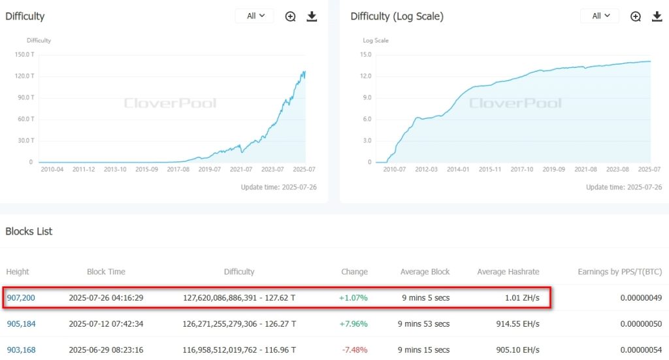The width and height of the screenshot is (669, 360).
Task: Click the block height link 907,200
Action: (x=21, y=298)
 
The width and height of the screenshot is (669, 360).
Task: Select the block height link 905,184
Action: (x=21, y=323)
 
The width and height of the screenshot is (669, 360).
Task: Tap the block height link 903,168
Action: (x=21, y=350)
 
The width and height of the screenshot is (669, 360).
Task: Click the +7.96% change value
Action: (x=353, y=323)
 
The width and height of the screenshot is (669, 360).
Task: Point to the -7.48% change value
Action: (x=353, y=350)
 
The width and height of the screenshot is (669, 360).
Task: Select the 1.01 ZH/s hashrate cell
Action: (x=522, y=298)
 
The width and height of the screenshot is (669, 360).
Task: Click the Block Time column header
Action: (x=106, y=272)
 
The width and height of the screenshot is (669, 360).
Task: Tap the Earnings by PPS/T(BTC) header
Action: (x=619, y=272)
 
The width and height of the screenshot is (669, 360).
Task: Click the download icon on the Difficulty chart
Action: (x=312, y=16)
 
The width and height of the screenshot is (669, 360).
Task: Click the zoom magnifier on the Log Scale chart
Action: (x=635, y=16)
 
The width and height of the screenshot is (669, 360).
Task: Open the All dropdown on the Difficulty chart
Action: (x=255, y=16)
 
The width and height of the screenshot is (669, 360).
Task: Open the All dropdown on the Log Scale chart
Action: (x=600, y=16)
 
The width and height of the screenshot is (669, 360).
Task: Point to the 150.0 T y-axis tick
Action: (x=24, y=54)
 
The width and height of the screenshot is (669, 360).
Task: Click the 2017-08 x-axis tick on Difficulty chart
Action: (x=178, y=169)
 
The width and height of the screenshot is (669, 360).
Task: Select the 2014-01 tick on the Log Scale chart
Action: (x=458, y=169)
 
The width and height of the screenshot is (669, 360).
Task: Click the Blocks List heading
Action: (x=29, y=231)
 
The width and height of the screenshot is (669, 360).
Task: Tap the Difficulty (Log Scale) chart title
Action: (x=397, y=16)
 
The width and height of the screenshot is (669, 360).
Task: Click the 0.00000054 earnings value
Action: (x=640, y=350)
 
